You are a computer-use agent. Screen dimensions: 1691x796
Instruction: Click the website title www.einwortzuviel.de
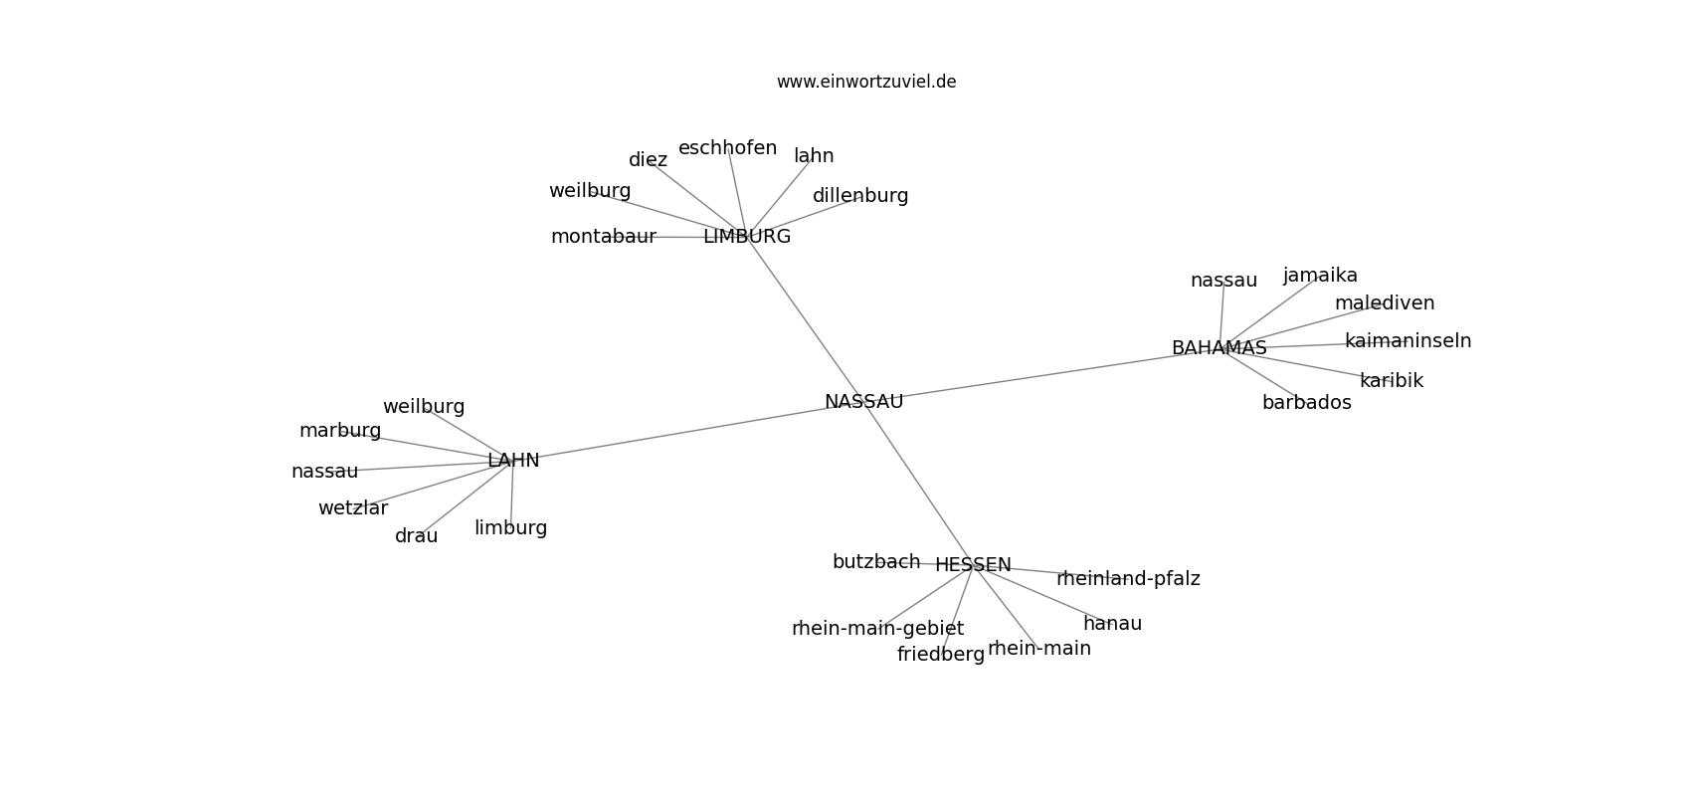point(865,82)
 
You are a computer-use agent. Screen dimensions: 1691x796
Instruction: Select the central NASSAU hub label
point(863,402)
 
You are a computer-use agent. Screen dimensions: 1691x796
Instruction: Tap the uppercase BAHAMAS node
point(1220,347)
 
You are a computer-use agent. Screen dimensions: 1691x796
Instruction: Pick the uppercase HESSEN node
point(973,564)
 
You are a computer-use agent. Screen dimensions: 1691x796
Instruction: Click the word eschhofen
point(728,148)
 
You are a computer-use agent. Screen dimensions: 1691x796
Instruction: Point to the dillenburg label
point(860,196)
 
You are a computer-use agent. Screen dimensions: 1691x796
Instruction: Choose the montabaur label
point(604,237)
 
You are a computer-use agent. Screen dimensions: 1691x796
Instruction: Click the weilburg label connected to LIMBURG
point(590,191)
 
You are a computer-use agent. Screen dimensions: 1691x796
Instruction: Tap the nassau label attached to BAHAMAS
point(1223,281)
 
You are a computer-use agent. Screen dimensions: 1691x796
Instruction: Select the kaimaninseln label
point(1408,340)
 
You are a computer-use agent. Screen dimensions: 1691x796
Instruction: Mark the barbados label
point(1307,403)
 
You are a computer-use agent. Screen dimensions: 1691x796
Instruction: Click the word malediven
point(1385,302)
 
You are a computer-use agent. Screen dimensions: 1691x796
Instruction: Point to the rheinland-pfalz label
point(1128,578)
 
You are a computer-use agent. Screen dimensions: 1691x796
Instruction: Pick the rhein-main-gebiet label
point(878,628)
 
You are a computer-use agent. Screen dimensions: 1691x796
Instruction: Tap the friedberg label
point(941,654)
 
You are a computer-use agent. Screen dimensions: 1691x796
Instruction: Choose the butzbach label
point(876,562)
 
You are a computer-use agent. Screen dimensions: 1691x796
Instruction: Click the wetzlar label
point(353,508)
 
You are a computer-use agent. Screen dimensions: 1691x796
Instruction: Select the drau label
point(416,536)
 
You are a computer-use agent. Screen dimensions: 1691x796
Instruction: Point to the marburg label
point(340,431)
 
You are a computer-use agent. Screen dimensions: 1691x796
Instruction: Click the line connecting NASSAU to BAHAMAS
point(1041,374)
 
